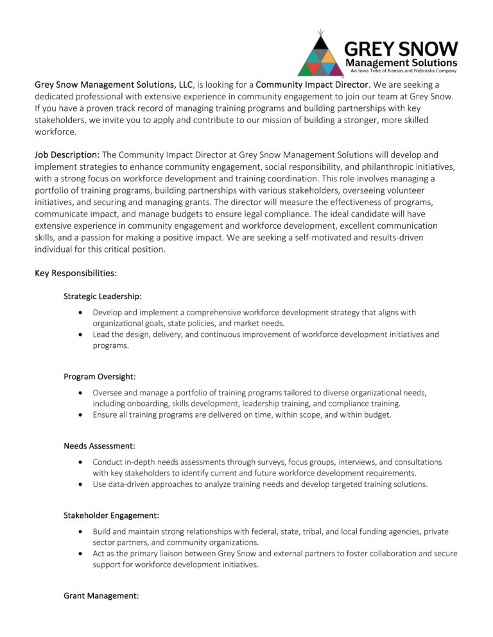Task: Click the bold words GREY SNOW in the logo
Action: click(x=401, y=49)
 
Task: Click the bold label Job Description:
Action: click(x=67, y=155)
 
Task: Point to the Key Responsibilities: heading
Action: click(x=76, y=273)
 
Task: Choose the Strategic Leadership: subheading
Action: click(x=103, y=296)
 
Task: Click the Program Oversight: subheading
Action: click(x=99, y=376)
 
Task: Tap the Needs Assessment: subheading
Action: click(x=99, y=445)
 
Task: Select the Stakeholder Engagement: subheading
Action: click(x=112, y=515)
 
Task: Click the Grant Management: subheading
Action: click(x=101, y=595)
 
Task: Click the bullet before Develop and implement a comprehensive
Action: click(x=79, y=313)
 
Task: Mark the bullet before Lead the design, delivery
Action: click(x=79, y=335)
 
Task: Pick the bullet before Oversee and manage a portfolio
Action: click(x=79, y=393)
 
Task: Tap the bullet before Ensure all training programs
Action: click(x=79, y=415)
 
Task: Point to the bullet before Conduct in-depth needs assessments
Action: click(x=79, y=462)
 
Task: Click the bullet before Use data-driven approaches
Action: click(x=79, y=484)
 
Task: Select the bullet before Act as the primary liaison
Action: click(x=79, y=554)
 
